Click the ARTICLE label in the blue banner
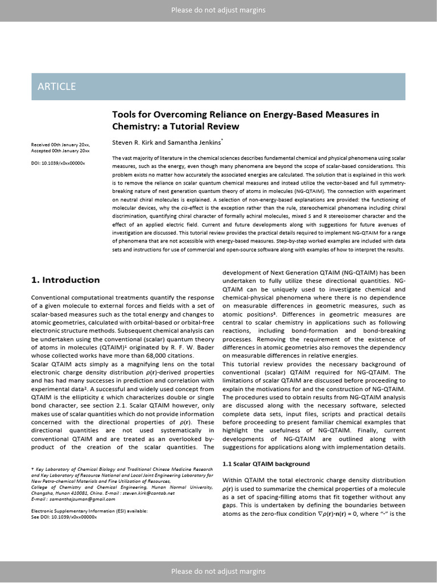pos(56,87)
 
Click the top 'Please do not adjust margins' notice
pos(218,10)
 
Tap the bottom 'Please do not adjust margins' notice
pos(218,571)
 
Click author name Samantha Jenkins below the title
pos(194,142)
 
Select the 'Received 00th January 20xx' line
pos(60,145)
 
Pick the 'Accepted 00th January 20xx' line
pos(60,151)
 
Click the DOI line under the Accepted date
pos(57,163)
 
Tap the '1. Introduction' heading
pos(65,280)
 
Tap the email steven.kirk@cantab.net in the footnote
pos(147,493)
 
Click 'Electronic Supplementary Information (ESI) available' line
pos(89,511)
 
